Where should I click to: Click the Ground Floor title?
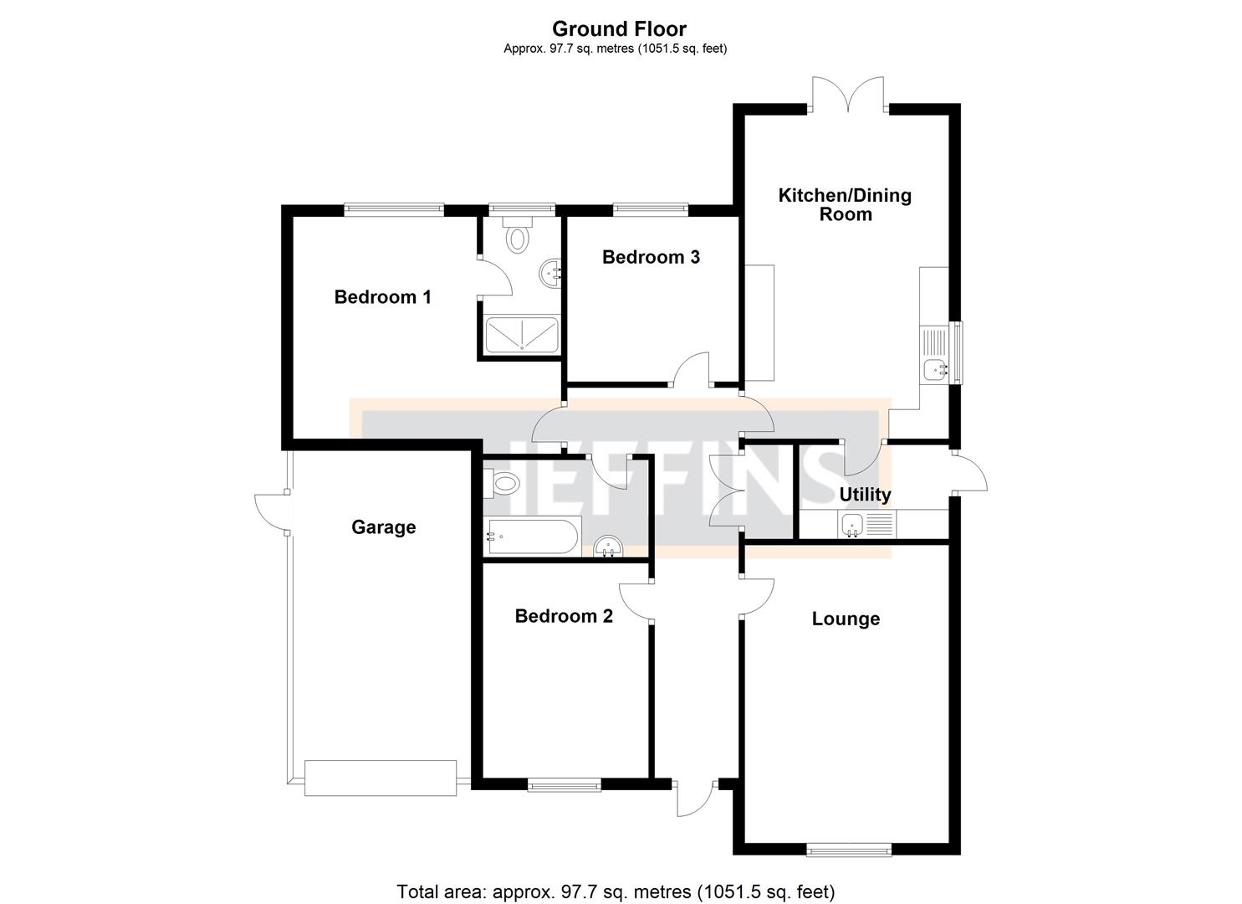[x=619, y=29]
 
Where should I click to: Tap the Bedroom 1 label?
[x=382, y=297]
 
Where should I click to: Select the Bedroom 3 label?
[x=651, y=257]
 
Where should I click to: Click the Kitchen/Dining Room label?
[x=845, y=204]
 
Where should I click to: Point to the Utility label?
[x=865, y=495]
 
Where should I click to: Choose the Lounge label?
[x=846, y=619]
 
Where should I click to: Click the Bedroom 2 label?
[x=564, y=617]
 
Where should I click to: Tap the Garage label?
[x=383, y=527]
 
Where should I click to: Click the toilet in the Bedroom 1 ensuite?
[x=519, y=238]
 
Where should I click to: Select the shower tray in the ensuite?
[x=522, y=333]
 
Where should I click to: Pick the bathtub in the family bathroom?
[x=533, y=537]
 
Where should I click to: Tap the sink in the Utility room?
[x=852, y=525]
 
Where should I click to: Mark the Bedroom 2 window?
[x=564, y=785]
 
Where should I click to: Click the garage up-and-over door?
[x=381, y=778]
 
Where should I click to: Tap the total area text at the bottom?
[x=615, y=891]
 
